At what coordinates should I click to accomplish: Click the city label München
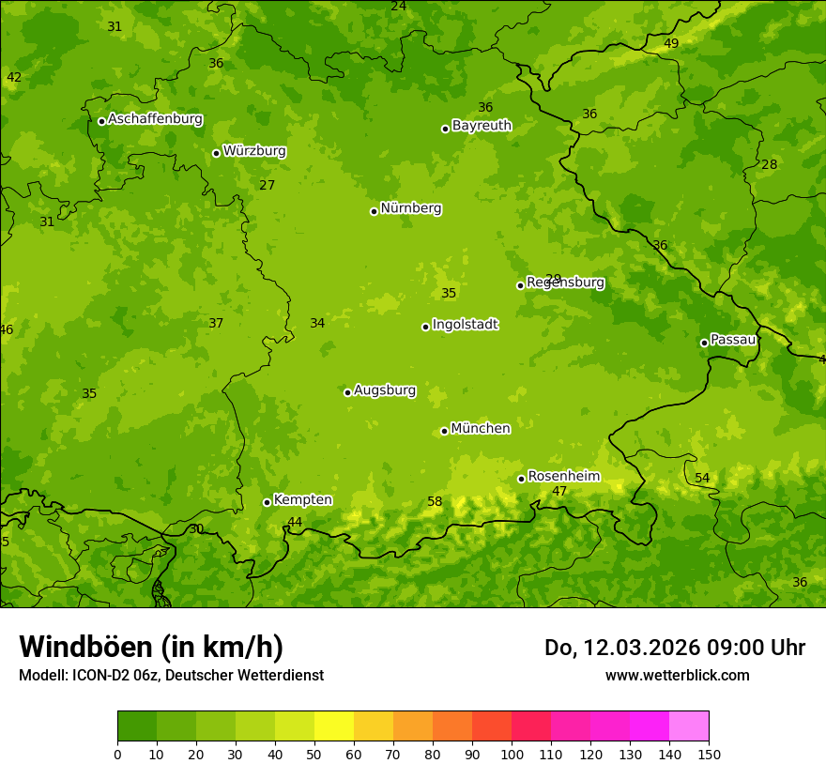click(x=480, y=429)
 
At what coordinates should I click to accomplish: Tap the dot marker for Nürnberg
click(x=374, y=211)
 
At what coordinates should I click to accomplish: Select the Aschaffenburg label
click(x=155, y=119)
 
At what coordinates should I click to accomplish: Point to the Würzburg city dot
click(x=216, y=153)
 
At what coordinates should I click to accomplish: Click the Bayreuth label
click(x=482, y=126)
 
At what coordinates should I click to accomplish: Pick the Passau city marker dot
click(x=704, y=343)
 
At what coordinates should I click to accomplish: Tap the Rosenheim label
click(x=563, y=477)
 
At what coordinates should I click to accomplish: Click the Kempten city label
click(x=302, y=500)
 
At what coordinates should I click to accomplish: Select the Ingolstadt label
click(x=465, y=325)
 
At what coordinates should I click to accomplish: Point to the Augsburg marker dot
click(x=347, y=392)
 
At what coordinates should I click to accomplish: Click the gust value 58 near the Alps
click(x=435, y=502)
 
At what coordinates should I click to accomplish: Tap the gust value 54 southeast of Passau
click(x=702, y=479)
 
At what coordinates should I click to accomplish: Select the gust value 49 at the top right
click(x=671, y=44)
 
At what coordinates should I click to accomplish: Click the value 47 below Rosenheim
click(x=559, y=492)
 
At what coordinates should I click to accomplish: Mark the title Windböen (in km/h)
click(x=151, y=647)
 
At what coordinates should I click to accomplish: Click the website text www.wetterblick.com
click(x=677, y=675)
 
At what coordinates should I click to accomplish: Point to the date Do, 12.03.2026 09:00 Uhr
click(x=675, y=648)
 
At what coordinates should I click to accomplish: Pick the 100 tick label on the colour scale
click(x=512, y=754)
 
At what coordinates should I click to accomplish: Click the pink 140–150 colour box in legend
click(x=689, y=726)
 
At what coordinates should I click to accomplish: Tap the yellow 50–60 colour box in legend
click(x=334, y=726)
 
